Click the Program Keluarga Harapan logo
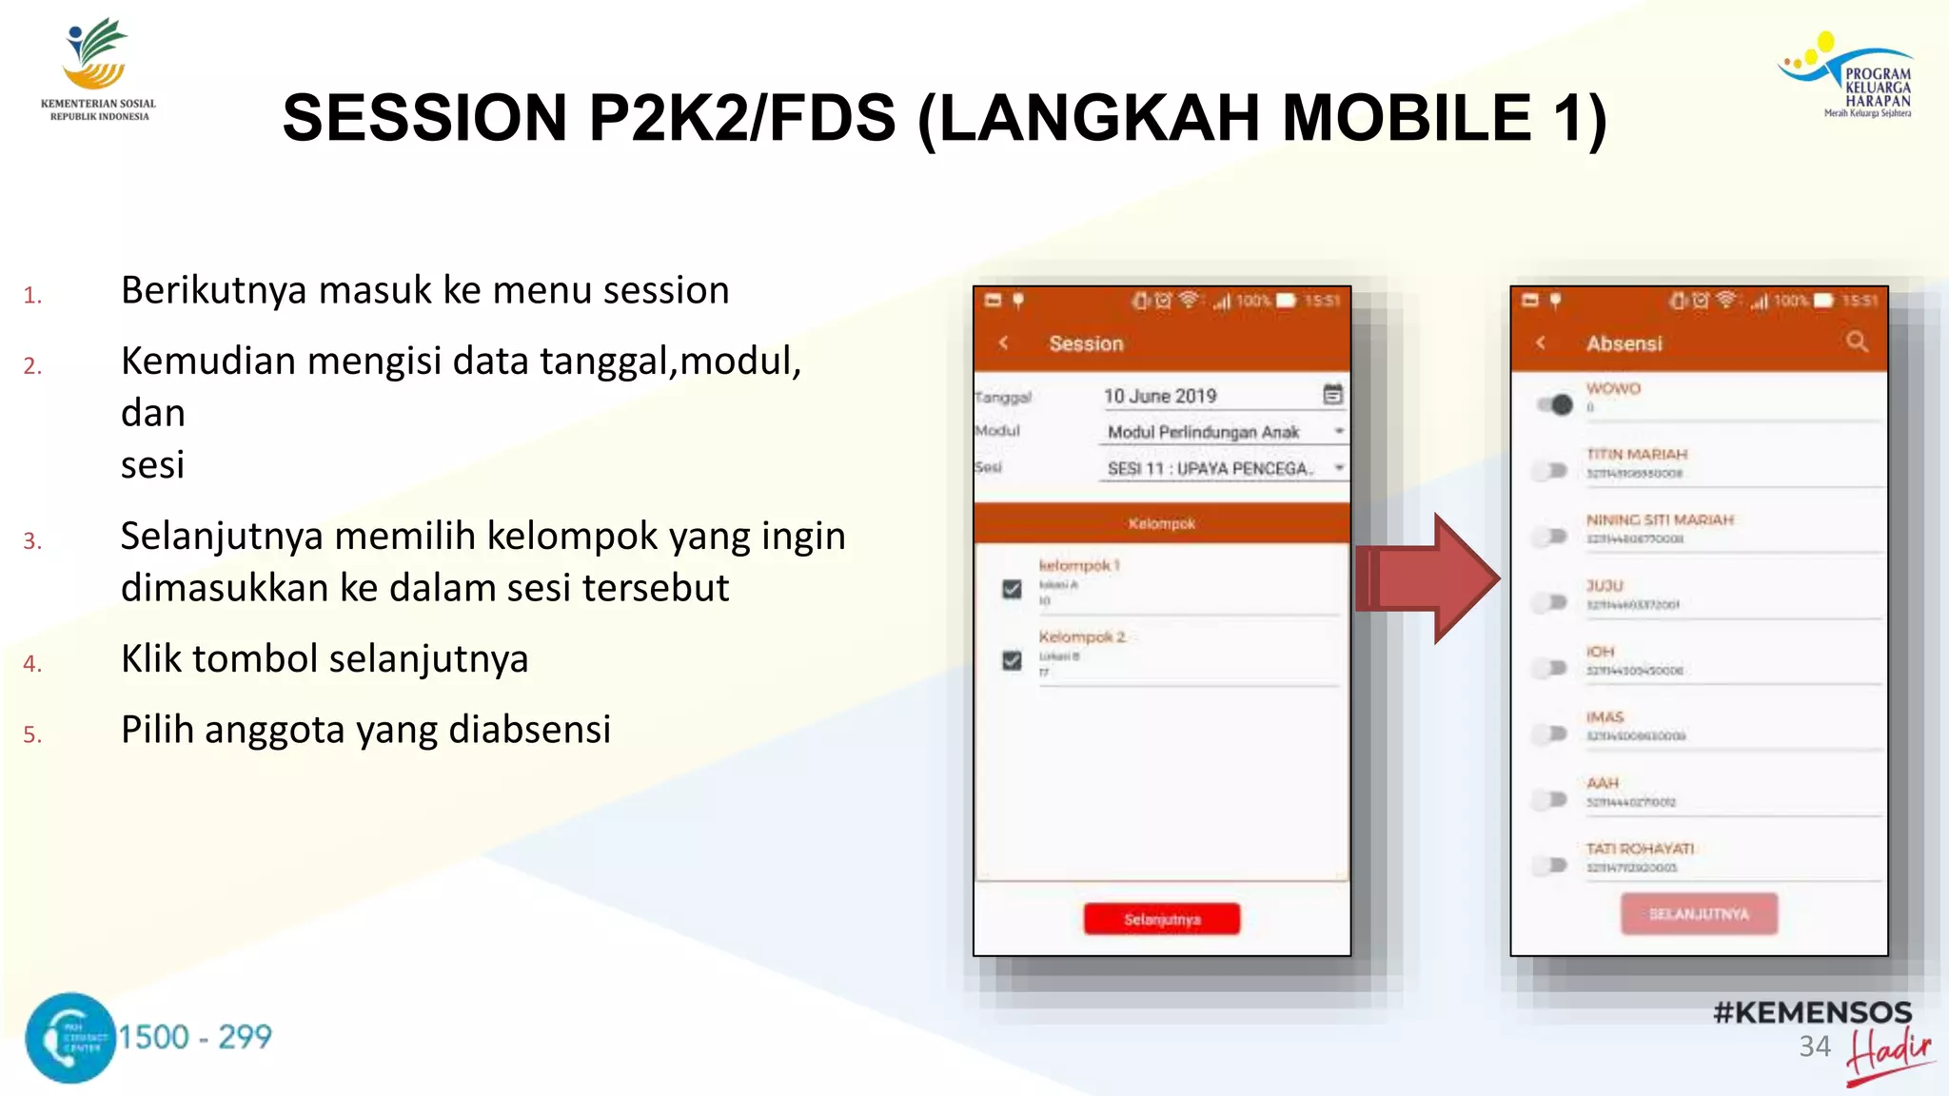pyautogui.click(x=1847, y=76)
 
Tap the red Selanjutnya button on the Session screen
pyautogui.click(x=1161, y=919)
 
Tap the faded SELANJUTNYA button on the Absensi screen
pyautogui.click(x=1699, y=913)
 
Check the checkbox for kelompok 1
pyautogui.click(x=1012, y=589)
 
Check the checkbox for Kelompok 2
pyautogui.click(x=1012, y=660)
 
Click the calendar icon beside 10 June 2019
pyautogui.click(x=1332, y=394)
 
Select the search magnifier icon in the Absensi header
pyautogui.click(x=1857, y=342)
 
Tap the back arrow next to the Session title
pyautogui.click(x=1004, y=342)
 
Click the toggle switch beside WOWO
pyautogui.click(x=1554, y=404)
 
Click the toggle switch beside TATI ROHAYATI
pyautogui.click(x=1551, y=865)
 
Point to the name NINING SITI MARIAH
pyautogui.click(x=1660, y=519)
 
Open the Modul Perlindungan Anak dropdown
pyautogui.click(x=1224, y=432)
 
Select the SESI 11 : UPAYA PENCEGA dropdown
pyautogui.click(x=1224, y=468)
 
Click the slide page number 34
pyautogui.click(x=1814, y=1047)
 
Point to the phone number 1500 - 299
pyautogui.click(x=195, y=1036)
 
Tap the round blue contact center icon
pyautogui.click(x=70, y=1038)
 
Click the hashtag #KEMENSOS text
pyautogui.click(x=1812, y=1012)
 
